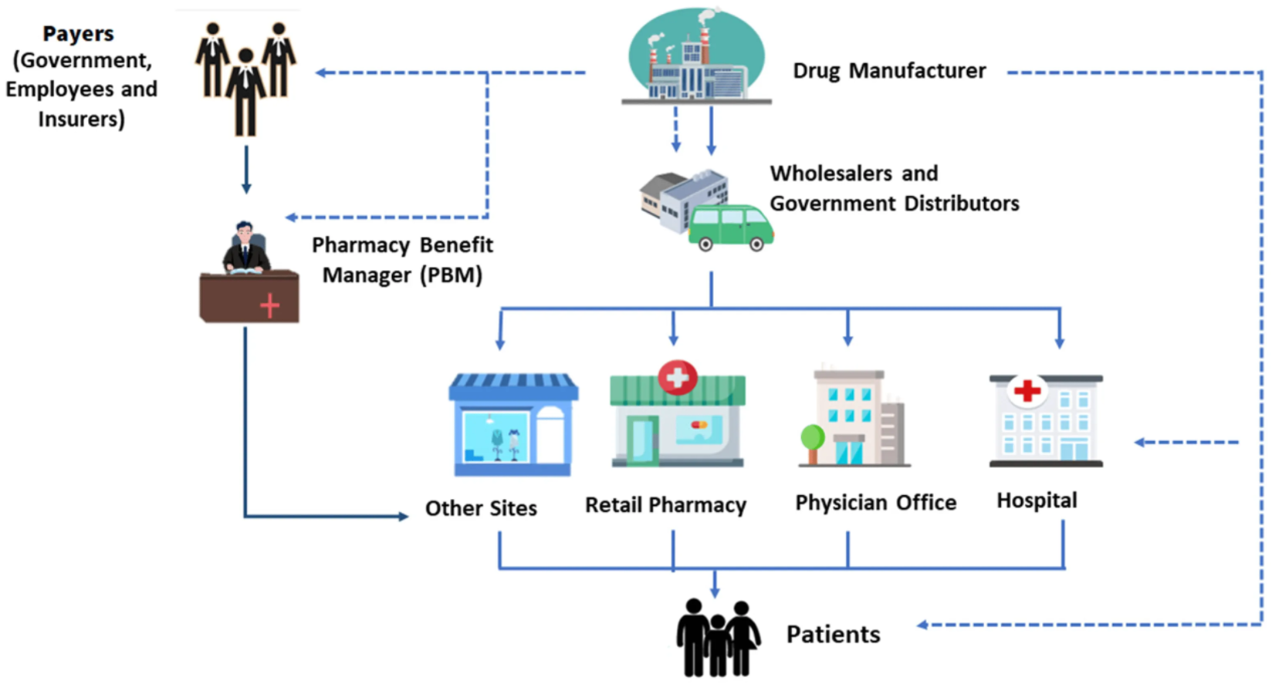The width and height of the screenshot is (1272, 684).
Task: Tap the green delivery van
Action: click(730, 227)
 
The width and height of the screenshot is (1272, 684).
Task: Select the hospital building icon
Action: click(1046, 421)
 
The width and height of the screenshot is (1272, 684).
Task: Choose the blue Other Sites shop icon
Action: click(513, 424)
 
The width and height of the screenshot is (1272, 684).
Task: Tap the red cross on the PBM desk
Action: click(269, 306)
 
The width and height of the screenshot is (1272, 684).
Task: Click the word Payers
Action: click(78, 34)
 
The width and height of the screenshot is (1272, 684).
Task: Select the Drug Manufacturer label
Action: click(889, 71)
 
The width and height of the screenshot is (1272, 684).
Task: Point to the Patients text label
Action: click(833, 635)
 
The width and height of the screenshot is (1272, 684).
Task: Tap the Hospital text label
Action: click(1037, 500)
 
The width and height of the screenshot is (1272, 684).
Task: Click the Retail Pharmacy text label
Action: click(665, 505)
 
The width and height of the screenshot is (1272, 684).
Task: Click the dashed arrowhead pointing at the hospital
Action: click(1141, 443)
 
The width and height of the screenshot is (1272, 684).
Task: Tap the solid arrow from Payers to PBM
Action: click(246, 170)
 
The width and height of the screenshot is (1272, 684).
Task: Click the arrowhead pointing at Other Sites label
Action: click(402, 516)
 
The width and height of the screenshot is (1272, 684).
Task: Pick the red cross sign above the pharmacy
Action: click(678, 377)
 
